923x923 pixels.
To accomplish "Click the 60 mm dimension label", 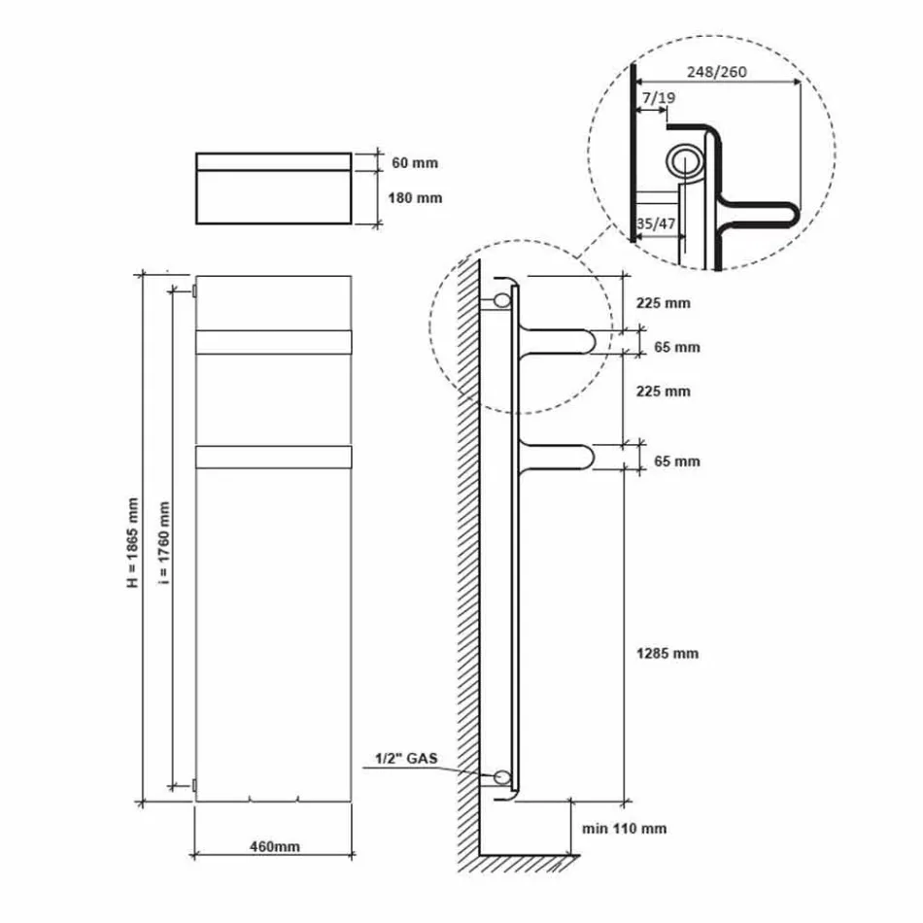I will (413, 162).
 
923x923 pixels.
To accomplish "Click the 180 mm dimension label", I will (416, 197).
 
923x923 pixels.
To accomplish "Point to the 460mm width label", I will (276, 846).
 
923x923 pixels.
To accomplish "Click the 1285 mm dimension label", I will (667, 653).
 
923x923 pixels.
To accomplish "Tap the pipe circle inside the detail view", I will (686, 160).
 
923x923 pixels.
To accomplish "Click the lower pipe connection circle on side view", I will (502, 776).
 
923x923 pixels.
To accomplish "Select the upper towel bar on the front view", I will (274, 342).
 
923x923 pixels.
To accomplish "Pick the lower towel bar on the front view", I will (274, 456).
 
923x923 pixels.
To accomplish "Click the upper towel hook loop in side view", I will (559, 342).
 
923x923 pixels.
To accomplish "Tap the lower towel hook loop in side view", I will (559, 456).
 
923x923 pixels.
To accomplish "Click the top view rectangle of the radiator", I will (274, 188).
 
